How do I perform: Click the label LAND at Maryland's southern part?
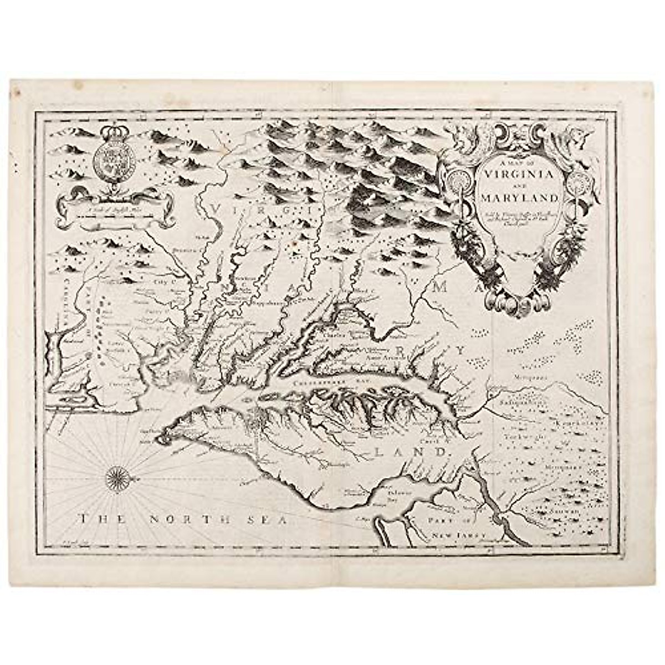(x=411, y=451)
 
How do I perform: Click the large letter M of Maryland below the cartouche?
(x=442, y=287)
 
